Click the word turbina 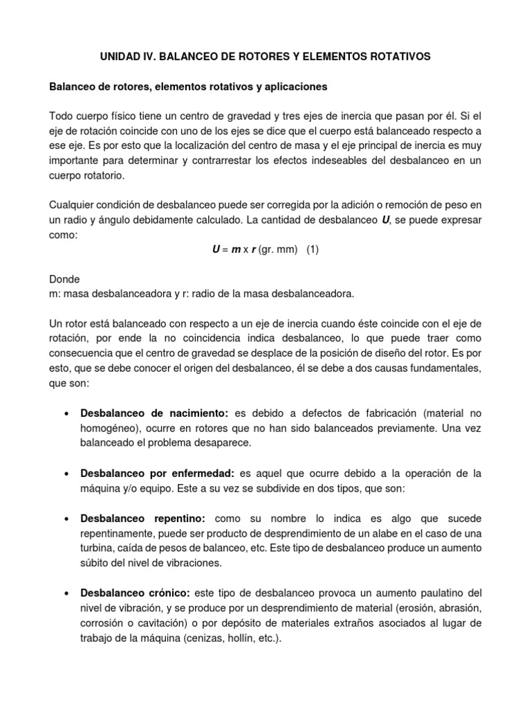click(x=100, y=549)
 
